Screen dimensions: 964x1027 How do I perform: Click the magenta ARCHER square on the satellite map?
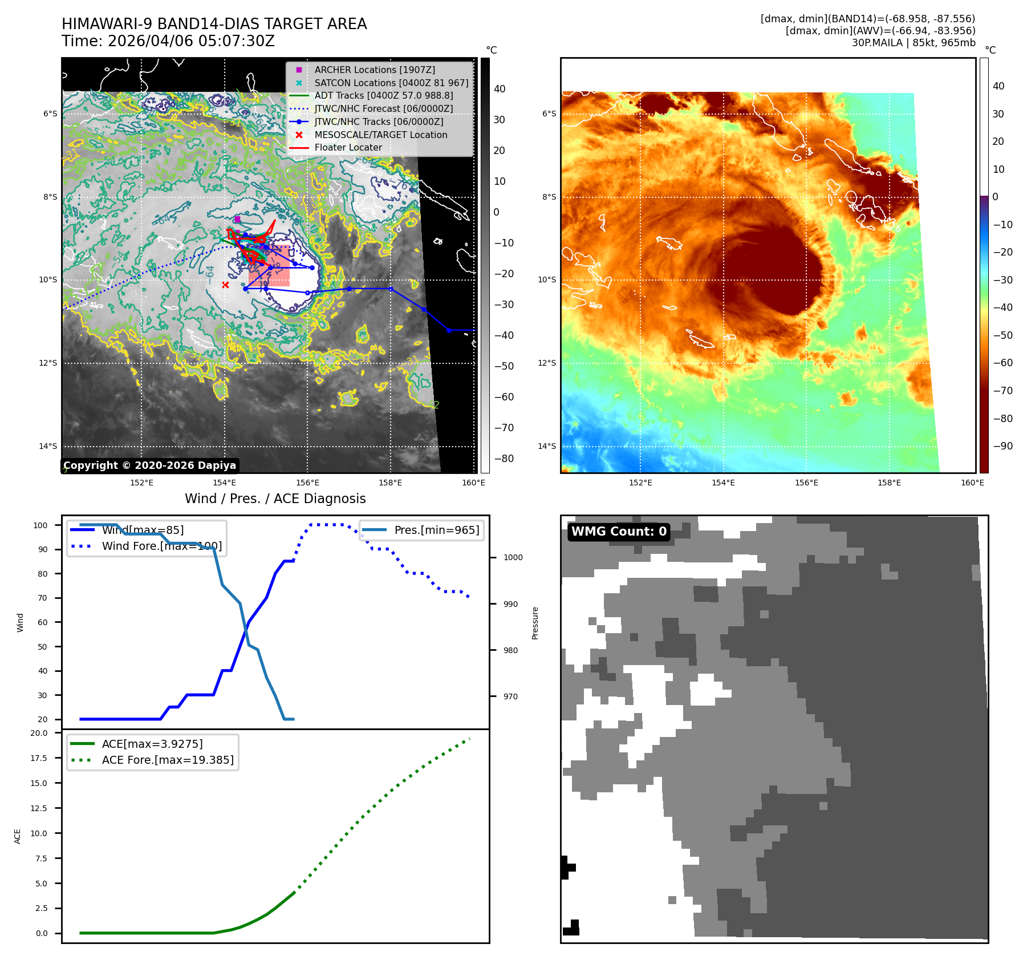237,219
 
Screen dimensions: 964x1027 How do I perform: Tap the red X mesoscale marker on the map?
225,285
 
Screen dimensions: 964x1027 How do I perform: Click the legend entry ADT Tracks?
383,96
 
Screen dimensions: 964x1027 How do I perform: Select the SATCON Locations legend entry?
391,83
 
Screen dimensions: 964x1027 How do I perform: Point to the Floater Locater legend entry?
348,148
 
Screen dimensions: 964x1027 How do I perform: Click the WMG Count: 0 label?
619,532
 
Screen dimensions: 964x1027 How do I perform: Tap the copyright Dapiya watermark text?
149,465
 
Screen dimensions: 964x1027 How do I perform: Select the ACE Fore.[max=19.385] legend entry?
167,760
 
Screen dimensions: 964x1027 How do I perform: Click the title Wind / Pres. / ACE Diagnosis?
275,499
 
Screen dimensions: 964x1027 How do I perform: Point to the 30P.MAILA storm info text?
913,43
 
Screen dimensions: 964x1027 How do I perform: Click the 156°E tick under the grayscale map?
307,483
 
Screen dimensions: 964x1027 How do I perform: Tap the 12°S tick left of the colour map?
547,363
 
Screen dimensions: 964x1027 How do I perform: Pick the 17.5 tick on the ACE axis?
39,758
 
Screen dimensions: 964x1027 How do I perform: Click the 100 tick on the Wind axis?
40,525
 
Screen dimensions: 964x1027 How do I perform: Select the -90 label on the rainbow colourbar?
1002,446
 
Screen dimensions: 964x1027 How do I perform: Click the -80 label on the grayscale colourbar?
504,459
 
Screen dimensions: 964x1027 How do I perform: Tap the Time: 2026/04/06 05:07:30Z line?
168,42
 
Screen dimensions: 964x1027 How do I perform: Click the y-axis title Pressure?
535,623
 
